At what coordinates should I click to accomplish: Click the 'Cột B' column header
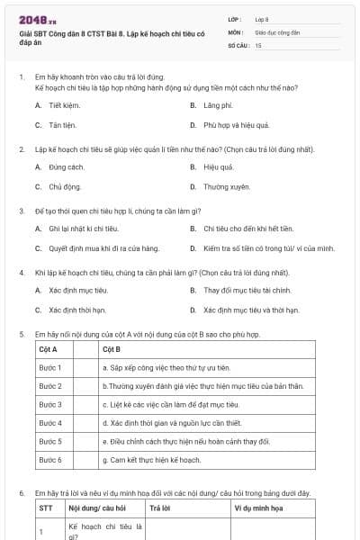click(112, 349)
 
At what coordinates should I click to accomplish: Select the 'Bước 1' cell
click(49, 367)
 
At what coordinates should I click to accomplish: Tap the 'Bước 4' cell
click(49, 423)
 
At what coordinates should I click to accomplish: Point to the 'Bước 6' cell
click(49, 460)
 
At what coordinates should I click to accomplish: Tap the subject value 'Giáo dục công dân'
click(278, 31)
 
